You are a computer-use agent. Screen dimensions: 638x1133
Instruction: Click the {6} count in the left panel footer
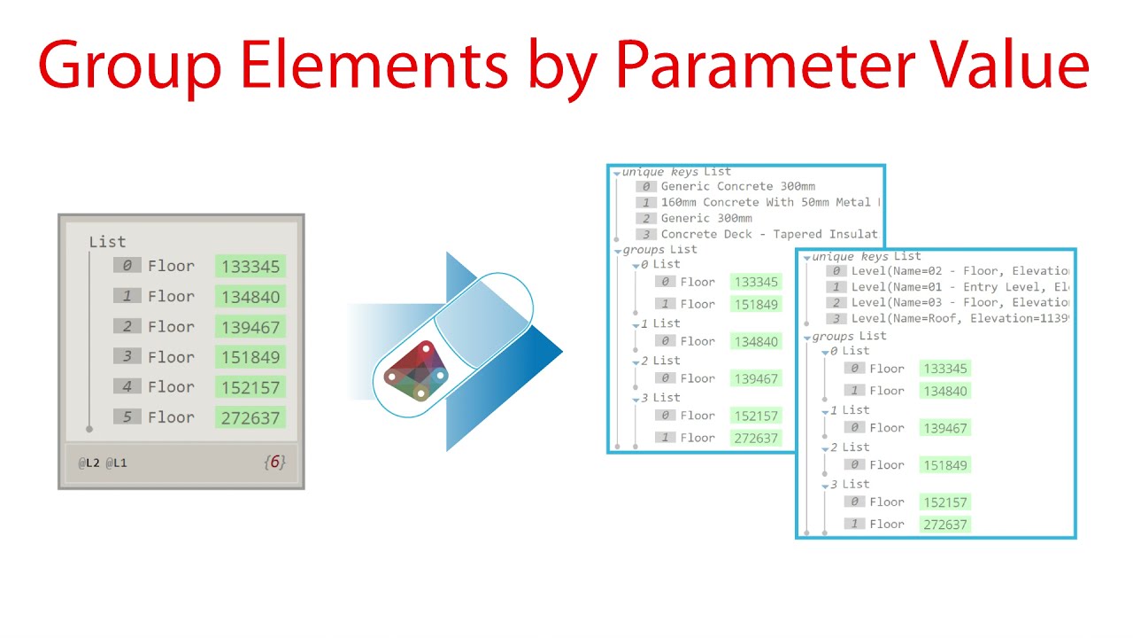click(274, 462)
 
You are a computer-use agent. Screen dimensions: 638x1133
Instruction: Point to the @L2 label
click(89, 463)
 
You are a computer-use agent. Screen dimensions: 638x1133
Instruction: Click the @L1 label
click(117, 463)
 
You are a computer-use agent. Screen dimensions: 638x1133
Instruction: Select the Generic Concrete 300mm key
click(737, 187)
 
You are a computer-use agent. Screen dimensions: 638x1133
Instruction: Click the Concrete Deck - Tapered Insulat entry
click(768, 235)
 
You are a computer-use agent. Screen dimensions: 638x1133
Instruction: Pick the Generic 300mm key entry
click(706, 219)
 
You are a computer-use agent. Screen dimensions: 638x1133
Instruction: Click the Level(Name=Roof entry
click(960, 318)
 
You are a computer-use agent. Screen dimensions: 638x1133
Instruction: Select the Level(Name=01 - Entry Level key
click(960, 287)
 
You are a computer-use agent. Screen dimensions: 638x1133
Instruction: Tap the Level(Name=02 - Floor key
click(960, 271)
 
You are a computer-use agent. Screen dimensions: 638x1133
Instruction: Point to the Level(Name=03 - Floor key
click(960, 302)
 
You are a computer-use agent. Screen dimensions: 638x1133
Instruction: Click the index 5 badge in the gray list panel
click(127, 416)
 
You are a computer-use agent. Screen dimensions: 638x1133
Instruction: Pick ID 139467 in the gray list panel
click(250, 327)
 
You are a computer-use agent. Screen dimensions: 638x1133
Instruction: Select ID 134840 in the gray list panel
click(250, 297)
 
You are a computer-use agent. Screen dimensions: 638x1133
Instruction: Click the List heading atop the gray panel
click(107, 242)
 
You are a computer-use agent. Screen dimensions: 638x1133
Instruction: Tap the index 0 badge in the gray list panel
click(127, 265)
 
